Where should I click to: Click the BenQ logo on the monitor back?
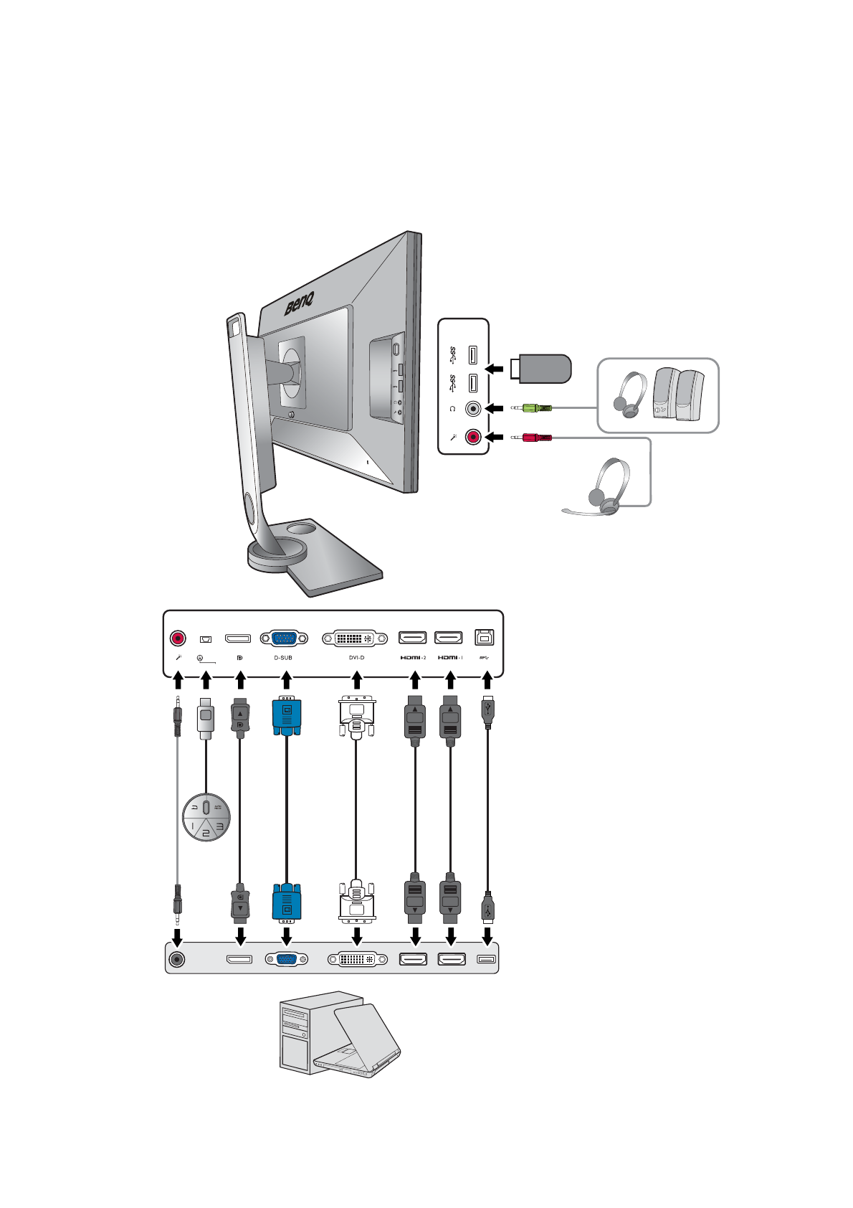(x=300, y=304)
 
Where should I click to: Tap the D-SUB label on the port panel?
(x=283, y=658)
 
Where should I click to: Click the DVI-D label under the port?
(x=356, y=658)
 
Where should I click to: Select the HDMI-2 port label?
(x=413, y=658)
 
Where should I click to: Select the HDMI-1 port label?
(x=450, y=658)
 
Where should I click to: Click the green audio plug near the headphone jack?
(x=533, y=408)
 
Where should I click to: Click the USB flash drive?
(x=541, y=369)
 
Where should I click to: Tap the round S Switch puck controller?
(x=206, y=816)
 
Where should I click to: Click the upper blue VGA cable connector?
(x=287, y=716)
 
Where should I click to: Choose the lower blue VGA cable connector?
(x=287, y=902)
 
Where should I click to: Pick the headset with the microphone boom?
(x=606, y=488)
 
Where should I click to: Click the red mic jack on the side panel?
(x=473, y=436)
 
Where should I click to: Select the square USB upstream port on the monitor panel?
(x=485, y=637)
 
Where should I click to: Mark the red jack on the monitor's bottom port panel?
(x=178, y=638)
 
